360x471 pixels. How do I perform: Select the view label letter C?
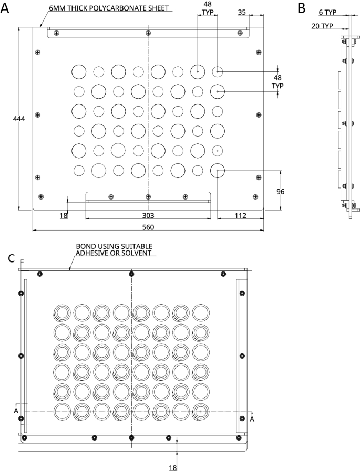[x=13, y=258]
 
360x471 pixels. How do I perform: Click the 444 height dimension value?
[x=19, y=119]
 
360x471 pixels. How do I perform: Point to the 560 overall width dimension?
[x=148, y=227]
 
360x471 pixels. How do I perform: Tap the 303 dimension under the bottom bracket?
[x=148, y=215]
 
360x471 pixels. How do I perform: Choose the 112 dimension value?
[x=241, y=215]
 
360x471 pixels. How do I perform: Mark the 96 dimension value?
[x=280, y=192]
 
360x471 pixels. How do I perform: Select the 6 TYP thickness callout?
[x=328, y=13]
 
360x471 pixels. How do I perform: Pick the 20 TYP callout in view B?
[x=322, y=25]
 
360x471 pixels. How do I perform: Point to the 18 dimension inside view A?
[x=64, y=215]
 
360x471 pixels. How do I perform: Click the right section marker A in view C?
[x=252, y=418]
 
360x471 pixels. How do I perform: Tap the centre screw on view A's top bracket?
[x=148, y=33]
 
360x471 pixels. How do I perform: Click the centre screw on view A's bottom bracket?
[x=148, y=197]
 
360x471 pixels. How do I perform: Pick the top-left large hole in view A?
[x=79, y=71]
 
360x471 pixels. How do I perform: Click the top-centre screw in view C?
[x=131, y=274]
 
